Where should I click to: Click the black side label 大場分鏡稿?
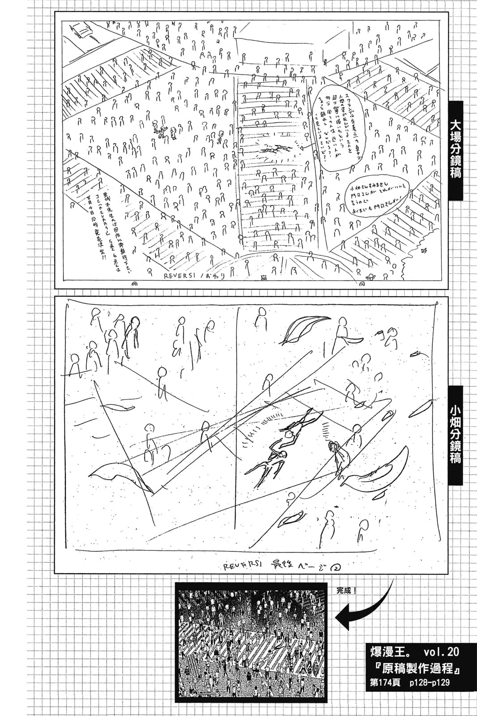tap(455, 150)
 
